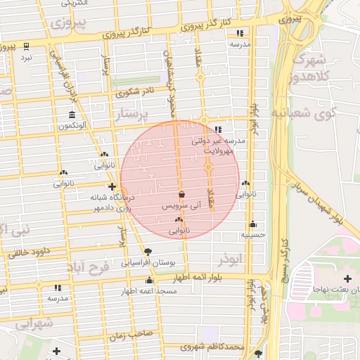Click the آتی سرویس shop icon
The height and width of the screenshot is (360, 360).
[x=182, y=195]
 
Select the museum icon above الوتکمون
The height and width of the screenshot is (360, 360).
[x=72, y=115]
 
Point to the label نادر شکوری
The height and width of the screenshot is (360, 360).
[x=136, y=91]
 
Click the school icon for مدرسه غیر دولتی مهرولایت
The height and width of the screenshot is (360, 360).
[x=218, y=130]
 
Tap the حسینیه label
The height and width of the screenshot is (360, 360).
[x=253, y=234]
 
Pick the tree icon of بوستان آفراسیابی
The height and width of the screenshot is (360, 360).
[x=148, y=252]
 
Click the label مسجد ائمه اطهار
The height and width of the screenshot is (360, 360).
[x=148, y=290]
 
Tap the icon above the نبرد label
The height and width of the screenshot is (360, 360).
[x=27, y=46]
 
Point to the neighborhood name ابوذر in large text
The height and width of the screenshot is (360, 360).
[x=229, y=259]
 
